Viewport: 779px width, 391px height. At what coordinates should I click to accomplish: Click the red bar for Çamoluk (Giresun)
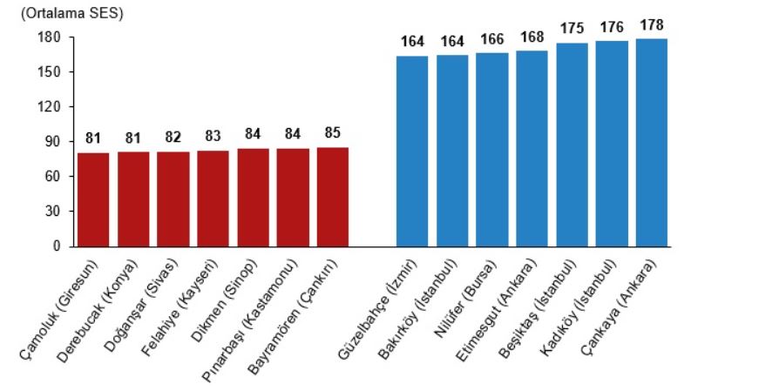93,199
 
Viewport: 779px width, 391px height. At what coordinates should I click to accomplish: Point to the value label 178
652,24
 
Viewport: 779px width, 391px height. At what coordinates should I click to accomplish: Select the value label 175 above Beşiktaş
572,29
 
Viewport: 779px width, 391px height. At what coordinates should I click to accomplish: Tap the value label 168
532,37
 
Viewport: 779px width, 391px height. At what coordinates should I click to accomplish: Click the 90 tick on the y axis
52,142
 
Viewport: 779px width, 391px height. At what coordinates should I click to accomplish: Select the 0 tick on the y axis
57,246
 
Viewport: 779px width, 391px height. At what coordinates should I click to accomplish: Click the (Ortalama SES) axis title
65,13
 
